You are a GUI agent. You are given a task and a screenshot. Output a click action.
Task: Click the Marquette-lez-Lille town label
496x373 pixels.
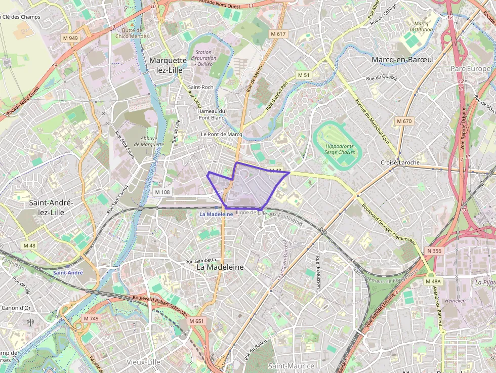tap(169, 65)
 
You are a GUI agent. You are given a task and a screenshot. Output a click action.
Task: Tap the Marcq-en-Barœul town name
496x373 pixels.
tap(402, 60)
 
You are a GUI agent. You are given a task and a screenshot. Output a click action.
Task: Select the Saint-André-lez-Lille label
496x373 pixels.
tap(51, 208)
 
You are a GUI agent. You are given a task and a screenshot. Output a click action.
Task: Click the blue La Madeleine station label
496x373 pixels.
tap(216, 214)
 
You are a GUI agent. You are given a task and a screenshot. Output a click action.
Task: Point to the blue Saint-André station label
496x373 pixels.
tap(67, 272)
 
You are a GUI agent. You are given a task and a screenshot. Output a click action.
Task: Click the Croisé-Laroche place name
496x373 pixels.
tap(400, 162)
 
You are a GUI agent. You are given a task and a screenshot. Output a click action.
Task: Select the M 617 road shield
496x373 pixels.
tap(278, 34)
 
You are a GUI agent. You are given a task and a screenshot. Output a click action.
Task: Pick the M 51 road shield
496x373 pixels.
tap(303, 75)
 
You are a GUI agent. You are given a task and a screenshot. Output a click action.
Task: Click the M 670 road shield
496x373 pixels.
tap(404, 121)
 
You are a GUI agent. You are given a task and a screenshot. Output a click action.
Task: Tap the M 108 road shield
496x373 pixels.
tap(162, 192)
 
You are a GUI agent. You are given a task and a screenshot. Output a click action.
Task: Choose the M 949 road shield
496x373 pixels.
tap(70, 38)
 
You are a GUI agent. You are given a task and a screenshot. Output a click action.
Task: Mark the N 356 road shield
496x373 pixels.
tap(434, 251)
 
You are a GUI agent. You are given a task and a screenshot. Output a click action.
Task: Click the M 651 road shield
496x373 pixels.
tap(196, 321)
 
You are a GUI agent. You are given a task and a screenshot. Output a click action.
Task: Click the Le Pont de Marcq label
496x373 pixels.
tap(221, 134)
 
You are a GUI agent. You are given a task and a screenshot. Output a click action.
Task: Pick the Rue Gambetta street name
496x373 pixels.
tap(202, 260)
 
